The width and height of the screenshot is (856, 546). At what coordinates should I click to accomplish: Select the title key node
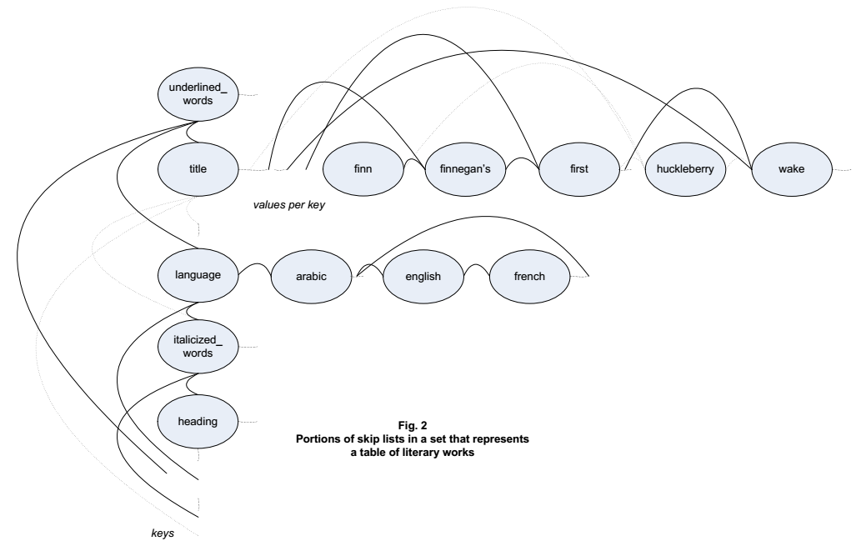coord(198,168)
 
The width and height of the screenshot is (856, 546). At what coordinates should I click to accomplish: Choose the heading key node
coord(198,422)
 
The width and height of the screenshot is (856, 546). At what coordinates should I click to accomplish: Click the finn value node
coord(362,168)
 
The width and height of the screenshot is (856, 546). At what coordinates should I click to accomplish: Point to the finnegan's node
coord(470,168)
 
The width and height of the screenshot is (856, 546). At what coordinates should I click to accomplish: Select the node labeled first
coord(578,168)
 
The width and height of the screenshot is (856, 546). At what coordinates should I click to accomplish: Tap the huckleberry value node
coord(686,168)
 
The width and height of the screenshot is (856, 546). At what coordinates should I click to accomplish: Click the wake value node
coord(793,168)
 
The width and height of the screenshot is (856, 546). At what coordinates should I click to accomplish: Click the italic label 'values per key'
coord(288,202)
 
